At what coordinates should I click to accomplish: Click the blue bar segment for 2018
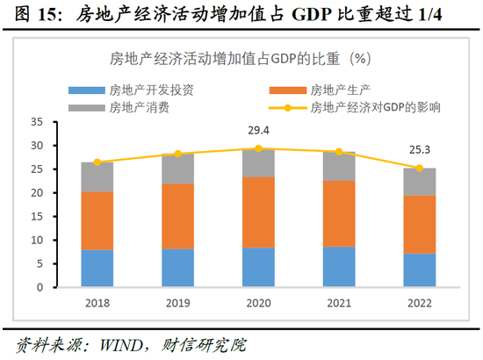(97, 268)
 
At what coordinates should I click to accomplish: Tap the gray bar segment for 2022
(419, 182)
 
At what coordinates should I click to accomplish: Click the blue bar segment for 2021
(338, 266)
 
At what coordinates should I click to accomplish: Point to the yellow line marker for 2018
(97, 162)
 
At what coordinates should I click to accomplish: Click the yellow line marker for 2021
(338, 152)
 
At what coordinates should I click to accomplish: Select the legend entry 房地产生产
(334, 90)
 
